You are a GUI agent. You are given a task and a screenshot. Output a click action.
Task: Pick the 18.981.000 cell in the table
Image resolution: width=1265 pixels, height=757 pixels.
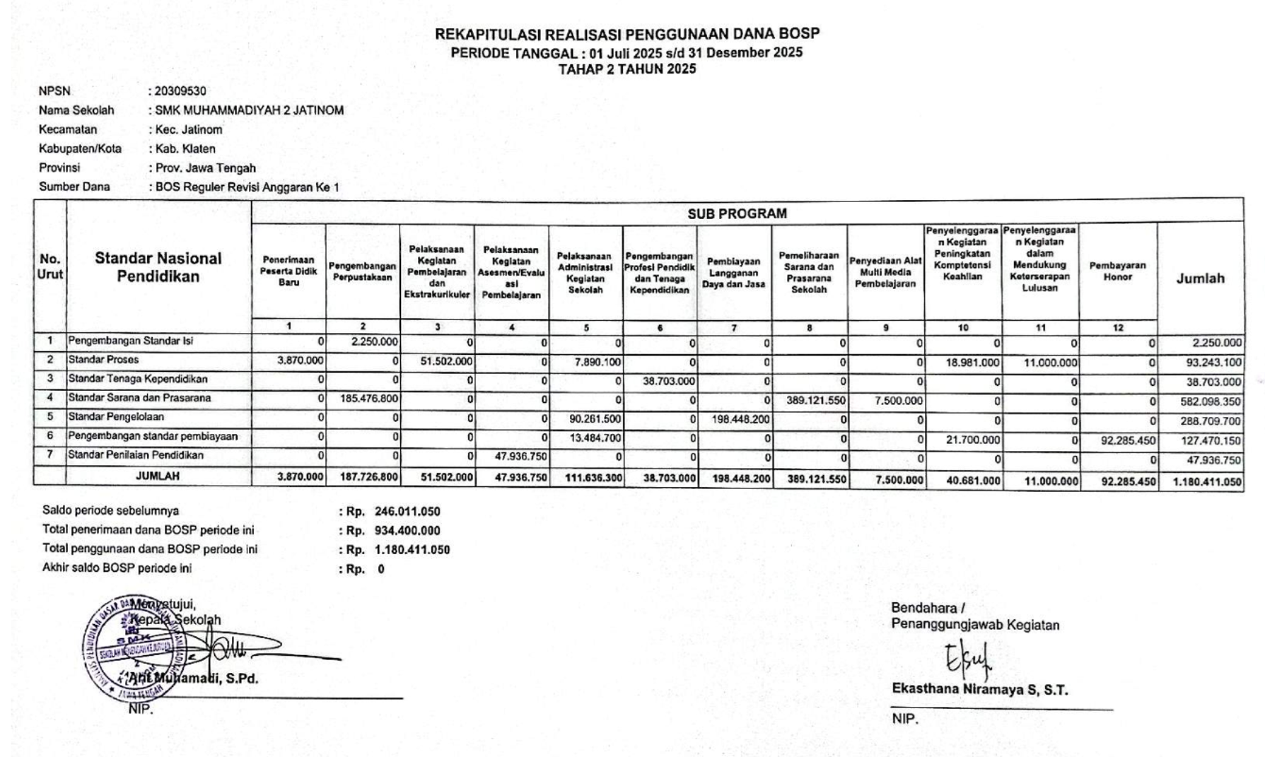click(973, 363)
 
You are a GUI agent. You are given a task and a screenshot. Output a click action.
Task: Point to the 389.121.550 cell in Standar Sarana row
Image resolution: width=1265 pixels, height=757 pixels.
click(815, 400)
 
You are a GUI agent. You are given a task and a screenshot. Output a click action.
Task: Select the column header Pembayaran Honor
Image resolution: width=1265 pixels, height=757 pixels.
click(1117, 271)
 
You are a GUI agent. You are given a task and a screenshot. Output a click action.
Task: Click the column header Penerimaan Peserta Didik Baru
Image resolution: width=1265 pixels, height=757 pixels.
click(288, 271)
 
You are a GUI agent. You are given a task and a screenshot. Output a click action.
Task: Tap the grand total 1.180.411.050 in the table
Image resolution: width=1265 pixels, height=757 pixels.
click(1206, 482)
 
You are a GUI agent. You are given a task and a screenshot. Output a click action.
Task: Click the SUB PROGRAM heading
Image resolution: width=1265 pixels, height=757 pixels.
click(737, 213)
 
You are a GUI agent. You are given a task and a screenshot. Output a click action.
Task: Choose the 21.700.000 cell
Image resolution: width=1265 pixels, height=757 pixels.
click(973, 440)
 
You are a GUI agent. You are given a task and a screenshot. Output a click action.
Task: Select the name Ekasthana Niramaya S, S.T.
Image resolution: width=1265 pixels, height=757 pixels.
click(979, 690)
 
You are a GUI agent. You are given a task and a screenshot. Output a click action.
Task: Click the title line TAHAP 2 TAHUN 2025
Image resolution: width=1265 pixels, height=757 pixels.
click(626, 69)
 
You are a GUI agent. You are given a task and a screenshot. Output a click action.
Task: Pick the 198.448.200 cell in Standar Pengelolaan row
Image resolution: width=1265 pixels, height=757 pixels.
click(740, 420)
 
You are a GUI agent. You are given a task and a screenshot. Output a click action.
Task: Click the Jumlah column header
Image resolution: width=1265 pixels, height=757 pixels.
click(1200, 278)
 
